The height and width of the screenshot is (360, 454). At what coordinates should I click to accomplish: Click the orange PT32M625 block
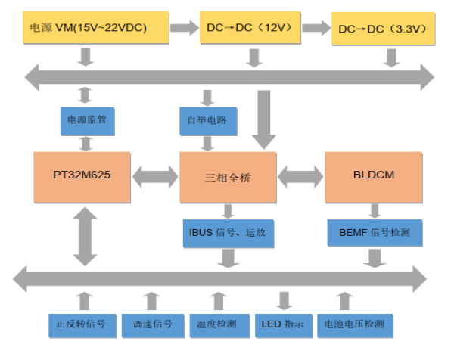click(x=82, y=176)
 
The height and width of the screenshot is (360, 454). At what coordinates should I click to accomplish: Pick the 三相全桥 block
click(x=227, y=176)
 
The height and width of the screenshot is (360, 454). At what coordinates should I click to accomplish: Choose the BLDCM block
click(x=374, y=176)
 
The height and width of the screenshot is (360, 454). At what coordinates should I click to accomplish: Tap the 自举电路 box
click(x=206, y=119)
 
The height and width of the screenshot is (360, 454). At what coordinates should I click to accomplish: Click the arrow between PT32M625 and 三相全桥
click(x=155, y=177)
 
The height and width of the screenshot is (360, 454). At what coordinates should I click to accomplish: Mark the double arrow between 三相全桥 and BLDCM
click(x=300, y=177)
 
